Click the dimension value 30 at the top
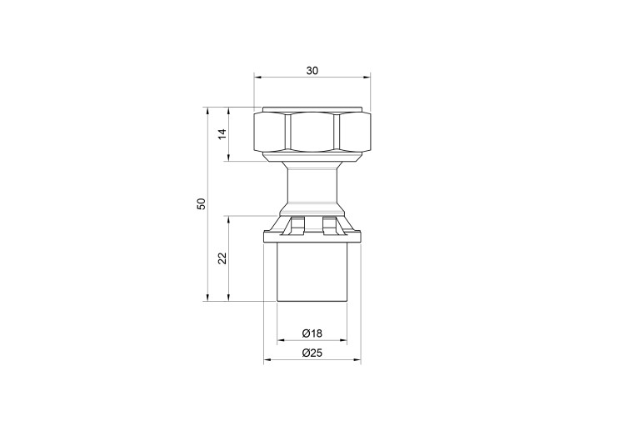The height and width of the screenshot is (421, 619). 312,71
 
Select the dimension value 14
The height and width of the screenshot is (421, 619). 223,133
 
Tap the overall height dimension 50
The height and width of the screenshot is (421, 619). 202,203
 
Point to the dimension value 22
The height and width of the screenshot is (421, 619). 223,258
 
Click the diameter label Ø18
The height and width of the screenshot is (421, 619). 312,333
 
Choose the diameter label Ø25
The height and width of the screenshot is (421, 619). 312,353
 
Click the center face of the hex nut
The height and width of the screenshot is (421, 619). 312,133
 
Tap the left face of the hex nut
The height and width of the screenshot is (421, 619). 269,133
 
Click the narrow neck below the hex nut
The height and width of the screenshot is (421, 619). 312,185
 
